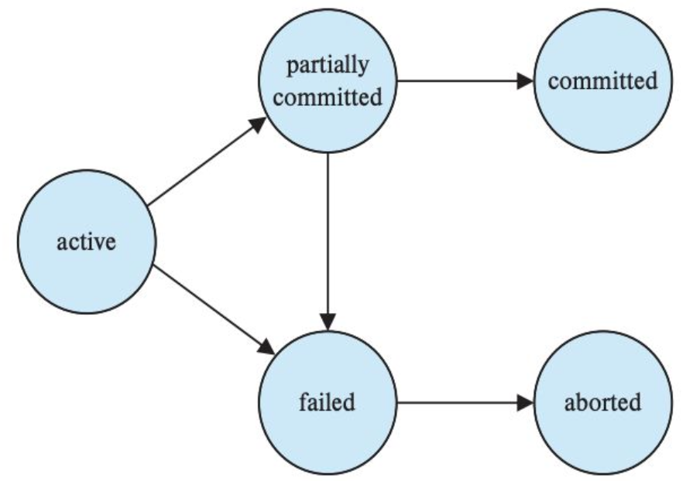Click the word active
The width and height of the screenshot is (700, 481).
[x=86, y=242]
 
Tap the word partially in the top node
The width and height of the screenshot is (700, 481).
[x=328, y=66]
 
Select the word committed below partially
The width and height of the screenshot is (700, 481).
[x=328, y=97]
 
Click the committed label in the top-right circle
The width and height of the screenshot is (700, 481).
[x=602, y=80]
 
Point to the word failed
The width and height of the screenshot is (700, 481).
[x=328, y=401]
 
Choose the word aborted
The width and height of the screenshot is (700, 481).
[x=602, y=402]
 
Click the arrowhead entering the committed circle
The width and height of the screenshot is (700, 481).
[x=526, y=81]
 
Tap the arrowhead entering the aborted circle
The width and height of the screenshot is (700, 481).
[x=526, y=403]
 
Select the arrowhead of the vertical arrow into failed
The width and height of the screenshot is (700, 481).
[x=328, y=322]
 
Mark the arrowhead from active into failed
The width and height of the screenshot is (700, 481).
[x=266, y=347]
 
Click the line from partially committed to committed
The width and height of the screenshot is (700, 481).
[x=465, y=81]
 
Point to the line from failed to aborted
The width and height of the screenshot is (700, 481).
[x=465, y=403]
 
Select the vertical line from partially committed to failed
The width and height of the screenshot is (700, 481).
[x=328, y=241]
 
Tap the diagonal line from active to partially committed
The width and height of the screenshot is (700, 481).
[x=207, y=162]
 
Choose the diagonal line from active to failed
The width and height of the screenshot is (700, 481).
[x=214, y=310]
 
